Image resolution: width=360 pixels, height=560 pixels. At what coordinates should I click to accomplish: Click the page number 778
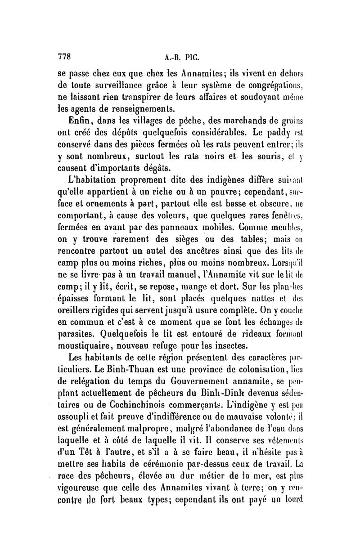66,57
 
